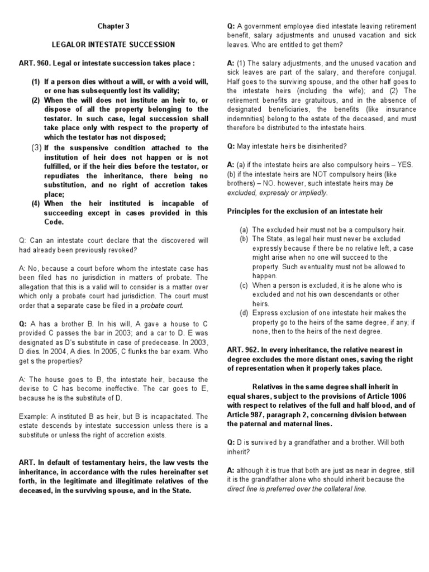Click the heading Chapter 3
[113, 26]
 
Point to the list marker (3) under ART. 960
[36, 148]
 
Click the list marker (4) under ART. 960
[36, 203]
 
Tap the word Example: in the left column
[34, 416]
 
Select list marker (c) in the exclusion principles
[244, 285]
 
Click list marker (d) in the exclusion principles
[244, 313]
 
